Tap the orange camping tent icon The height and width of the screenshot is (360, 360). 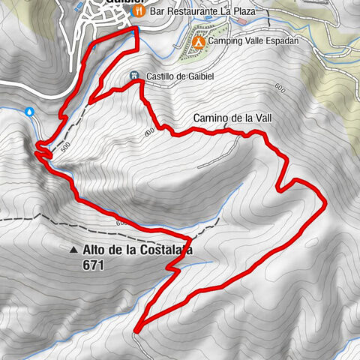coord(198,41)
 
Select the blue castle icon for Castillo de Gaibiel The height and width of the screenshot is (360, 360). coord(133,76)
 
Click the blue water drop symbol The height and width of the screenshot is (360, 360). coord(29,111)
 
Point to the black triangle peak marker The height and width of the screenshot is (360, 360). coord(73,250)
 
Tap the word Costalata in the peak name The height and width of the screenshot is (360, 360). coord(160,250)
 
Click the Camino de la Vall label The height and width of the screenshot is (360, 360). coord(231,118)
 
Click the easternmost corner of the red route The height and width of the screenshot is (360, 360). coord(326,200)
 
